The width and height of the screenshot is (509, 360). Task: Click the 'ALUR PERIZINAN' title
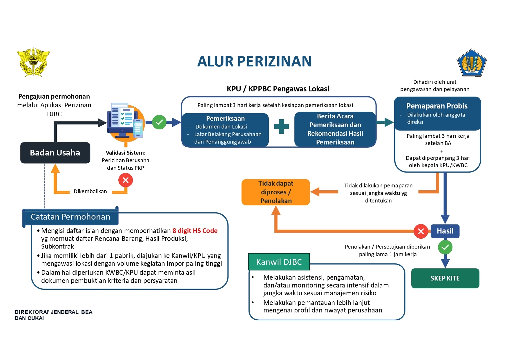point(255,61)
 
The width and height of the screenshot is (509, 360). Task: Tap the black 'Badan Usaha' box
point(55,153)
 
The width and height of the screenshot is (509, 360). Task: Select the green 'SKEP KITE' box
point(445,278)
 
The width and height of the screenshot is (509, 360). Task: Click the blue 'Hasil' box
point(445,231)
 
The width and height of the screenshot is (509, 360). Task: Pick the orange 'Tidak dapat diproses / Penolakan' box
point(276,192)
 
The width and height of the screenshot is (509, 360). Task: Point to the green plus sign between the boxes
point(281,126)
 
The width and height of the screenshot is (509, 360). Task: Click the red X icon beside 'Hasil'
point(421,231)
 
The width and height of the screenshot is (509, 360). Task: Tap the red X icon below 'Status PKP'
point(126,180)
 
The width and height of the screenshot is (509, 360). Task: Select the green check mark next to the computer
point(159,122)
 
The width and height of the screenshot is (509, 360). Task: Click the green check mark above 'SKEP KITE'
point(445,247)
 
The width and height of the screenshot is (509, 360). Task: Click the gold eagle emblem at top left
point(33,62)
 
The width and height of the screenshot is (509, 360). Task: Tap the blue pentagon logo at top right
point(472,62)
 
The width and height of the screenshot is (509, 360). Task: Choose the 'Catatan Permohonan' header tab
point(70,217)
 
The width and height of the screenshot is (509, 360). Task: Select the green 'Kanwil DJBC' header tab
point(279,262)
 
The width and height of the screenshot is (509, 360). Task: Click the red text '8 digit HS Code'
point(195,231)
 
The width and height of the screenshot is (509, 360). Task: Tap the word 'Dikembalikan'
point(90,191)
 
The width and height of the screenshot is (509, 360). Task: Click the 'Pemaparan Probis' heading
point(437,106)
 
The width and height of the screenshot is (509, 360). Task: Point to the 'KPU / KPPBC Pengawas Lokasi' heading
point(278,89)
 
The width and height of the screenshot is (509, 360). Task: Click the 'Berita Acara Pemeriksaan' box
point(335,129)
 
